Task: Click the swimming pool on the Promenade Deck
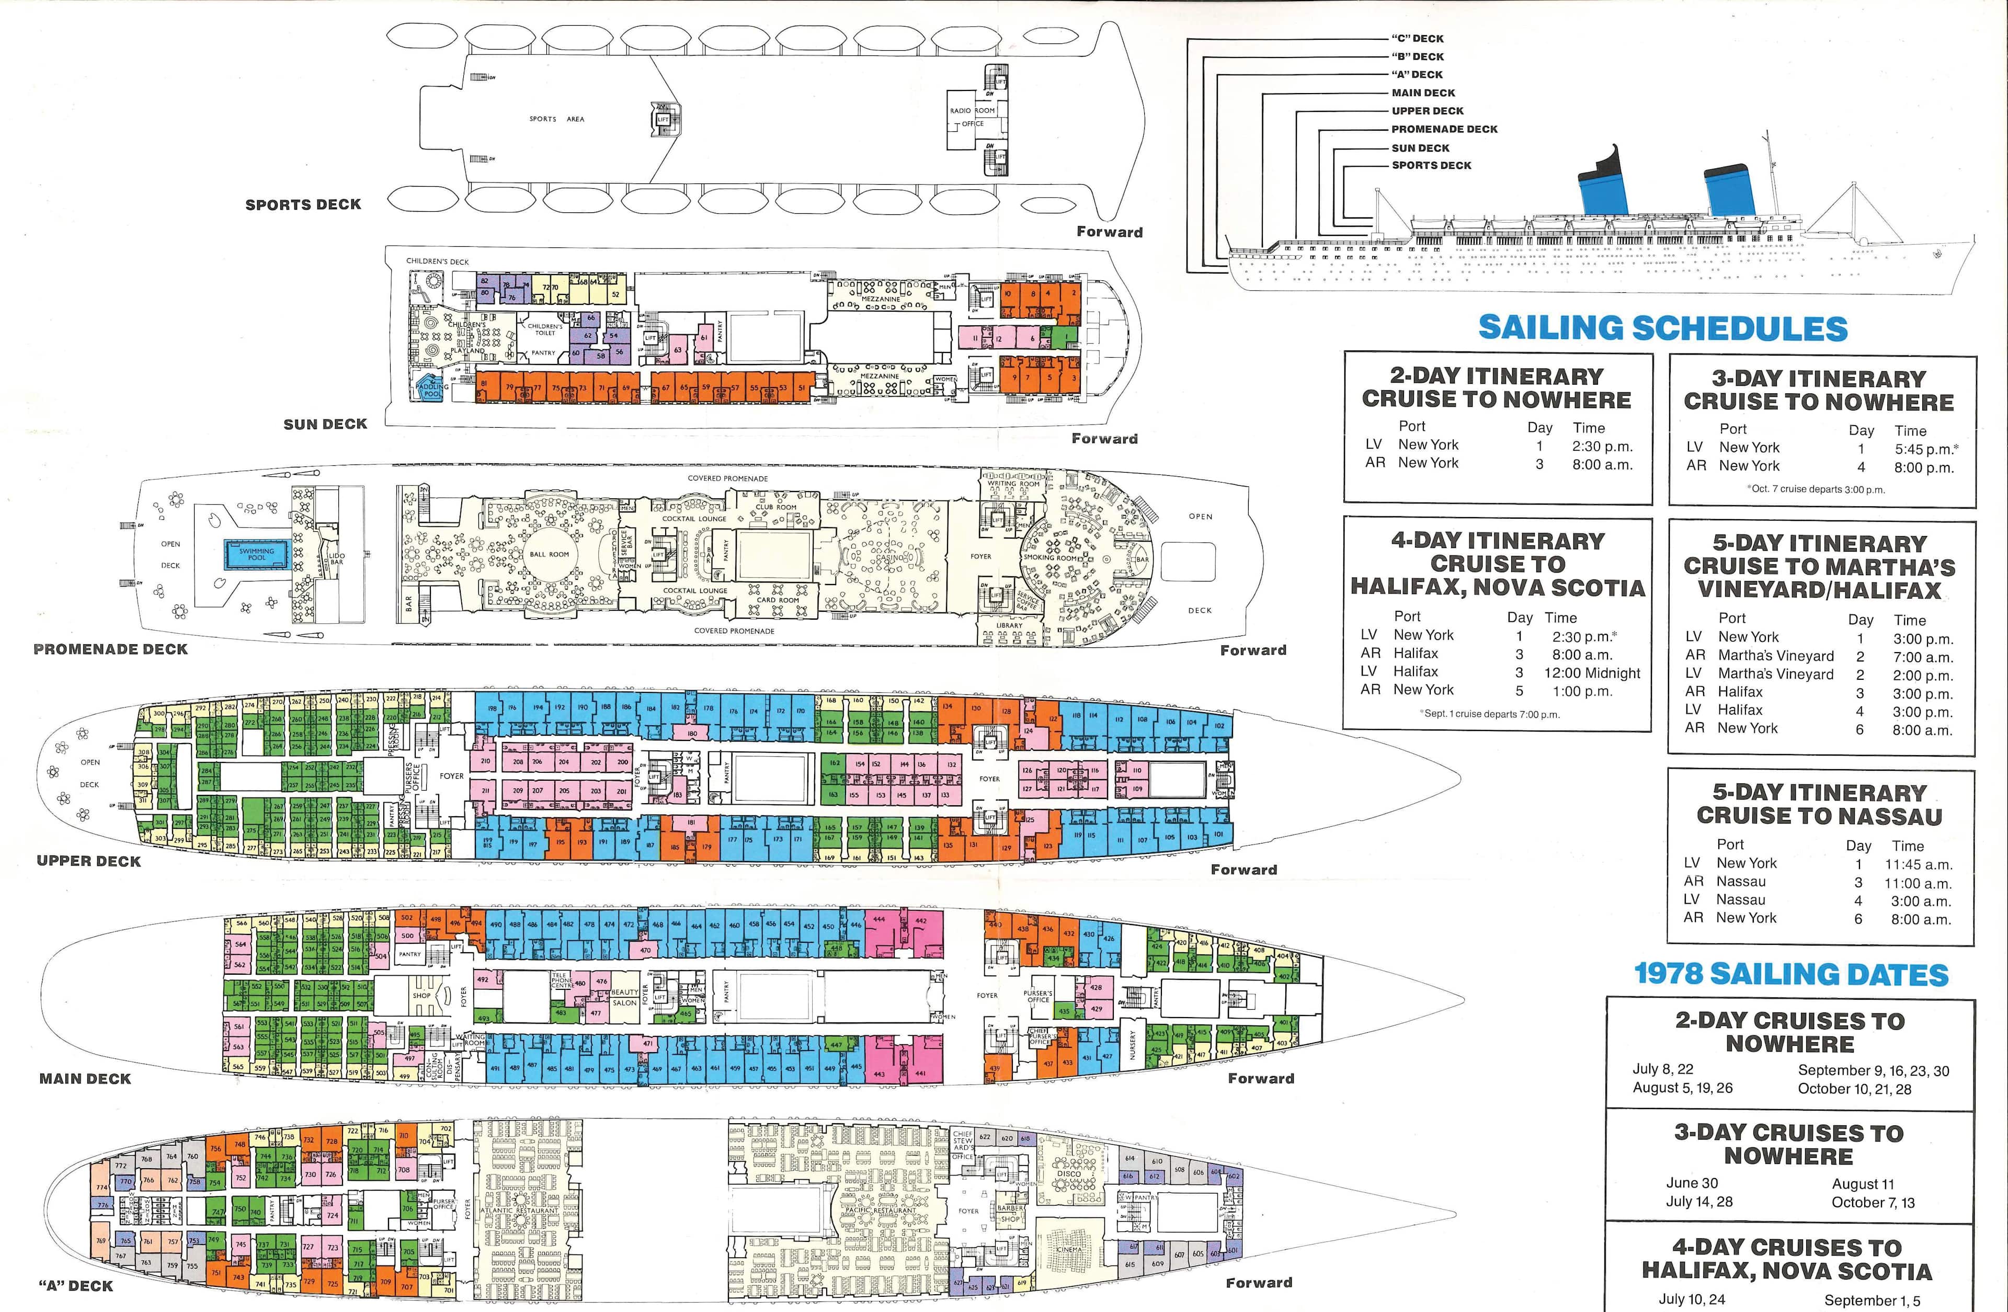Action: [x=256, y=554]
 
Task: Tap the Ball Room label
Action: [x=549, y=554]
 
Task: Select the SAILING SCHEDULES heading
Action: [x=1662, y=328]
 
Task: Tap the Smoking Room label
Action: [x=1049, y=558]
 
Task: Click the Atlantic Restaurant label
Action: [x=519, y=1211]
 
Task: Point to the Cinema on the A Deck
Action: [x=1069, y=1249]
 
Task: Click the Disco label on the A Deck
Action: [x=1068, y=1173]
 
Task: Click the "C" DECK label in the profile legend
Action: [x=1418, y=39]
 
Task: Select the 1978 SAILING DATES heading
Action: [x=1790, y=975]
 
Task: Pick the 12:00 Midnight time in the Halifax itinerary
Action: [x=1592, y=672]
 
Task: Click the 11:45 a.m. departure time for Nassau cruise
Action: [x=1919, y=864]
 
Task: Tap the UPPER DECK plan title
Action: [x=88, y=861]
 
